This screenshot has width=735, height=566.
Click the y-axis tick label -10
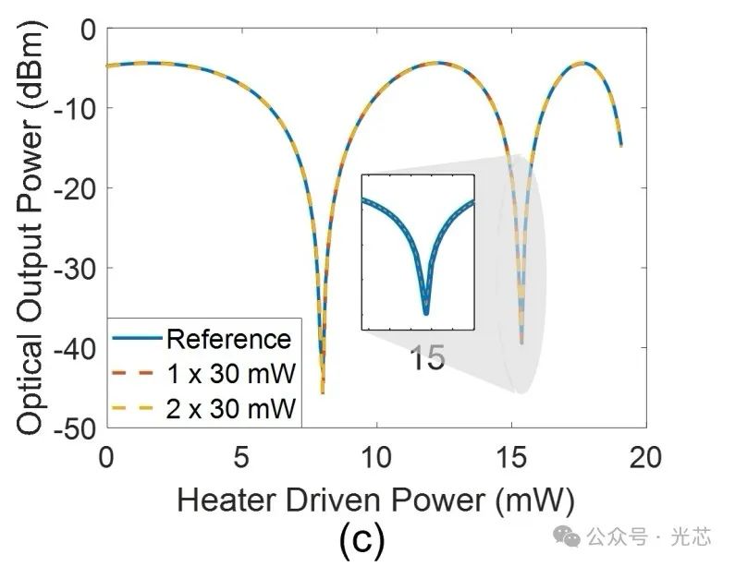(76, 108)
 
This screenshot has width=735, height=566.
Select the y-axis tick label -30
(76, 268)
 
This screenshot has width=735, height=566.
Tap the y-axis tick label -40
(76, 347)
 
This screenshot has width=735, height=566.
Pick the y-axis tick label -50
(76, 428)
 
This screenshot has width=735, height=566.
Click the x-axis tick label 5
(241, 457)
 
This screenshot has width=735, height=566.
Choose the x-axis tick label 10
(376, 457)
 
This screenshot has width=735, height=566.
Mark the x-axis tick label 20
(645, 457)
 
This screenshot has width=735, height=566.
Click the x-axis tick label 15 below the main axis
(511, 457)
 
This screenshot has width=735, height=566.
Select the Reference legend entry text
(228, 339)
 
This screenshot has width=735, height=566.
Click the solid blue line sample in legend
(137, 339)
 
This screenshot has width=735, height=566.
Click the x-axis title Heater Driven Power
(376, 500)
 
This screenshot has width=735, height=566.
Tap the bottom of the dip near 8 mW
(323, 391)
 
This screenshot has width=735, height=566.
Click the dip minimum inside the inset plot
(425, 312)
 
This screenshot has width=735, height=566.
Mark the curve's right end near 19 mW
(620, 145)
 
